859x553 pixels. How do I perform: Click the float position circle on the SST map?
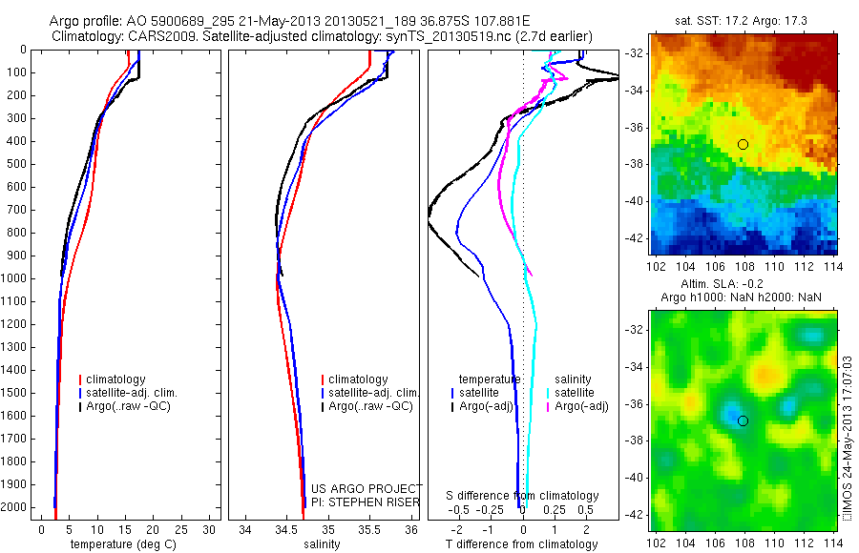743,144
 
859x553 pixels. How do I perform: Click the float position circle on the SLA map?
743,420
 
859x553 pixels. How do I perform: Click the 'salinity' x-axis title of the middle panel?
321,544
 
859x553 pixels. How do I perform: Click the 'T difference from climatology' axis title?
523,544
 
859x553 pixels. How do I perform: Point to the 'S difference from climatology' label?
523,496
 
